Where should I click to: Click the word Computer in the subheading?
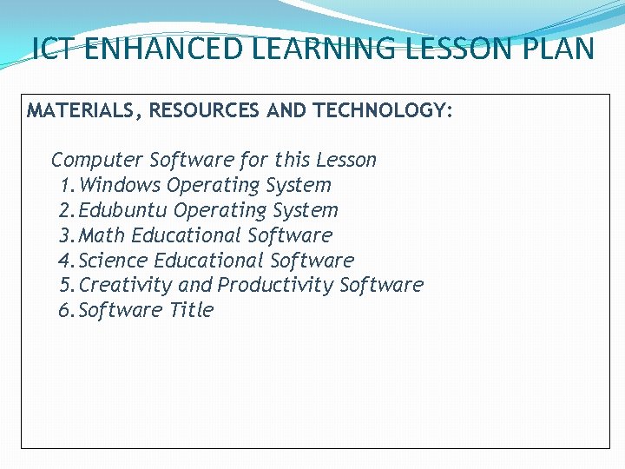[x=97, y=160]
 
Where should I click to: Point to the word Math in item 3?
[x=102, y=235]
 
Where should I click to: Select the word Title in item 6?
[x=191, y=310]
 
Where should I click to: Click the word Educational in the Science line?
[x=209, y=261]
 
